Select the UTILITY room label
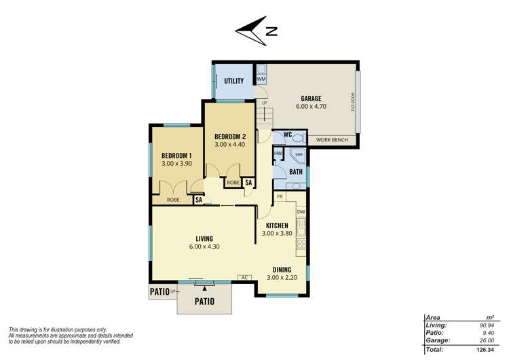click(x=233, y=82)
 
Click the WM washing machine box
click(x=261, y=80)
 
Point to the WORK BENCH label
click(x=333, y=140)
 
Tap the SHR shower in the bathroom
click(x=298, y=155)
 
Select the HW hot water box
click(x=278, y=154)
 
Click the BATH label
click(x=295, y=173)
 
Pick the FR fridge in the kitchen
click(x=280, y=197)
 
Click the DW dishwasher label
click(x=301, y=212)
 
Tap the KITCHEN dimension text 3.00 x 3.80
click(x=276, y=234)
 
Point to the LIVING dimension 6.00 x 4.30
click(x=204, y=247)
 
